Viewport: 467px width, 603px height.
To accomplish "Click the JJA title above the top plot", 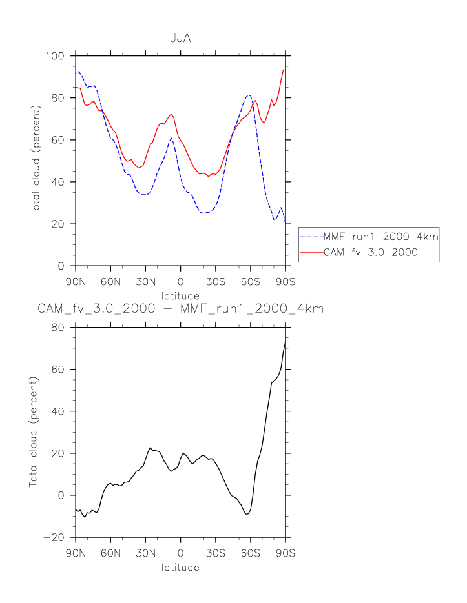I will click(180, 38).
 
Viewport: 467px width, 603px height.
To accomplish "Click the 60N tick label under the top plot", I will click(110, 281).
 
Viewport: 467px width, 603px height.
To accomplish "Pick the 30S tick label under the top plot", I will click(215, 281).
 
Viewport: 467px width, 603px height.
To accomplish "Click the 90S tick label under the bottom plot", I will click(285, 553).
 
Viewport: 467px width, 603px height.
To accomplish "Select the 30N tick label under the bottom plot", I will click(145, 553).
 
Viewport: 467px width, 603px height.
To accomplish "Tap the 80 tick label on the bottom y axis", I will click(58, 328).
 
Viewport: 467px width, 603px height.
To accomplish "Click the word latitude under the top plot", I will click(180, 295).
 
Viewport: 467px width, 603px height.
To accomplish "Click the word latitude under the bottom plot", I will click(180, 568).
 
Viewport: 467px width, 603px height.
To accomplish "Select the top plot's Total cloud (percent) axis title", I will click(37, 161).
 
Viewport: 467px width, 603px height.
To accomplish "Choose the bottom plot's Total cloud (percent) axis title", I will click(34, 432).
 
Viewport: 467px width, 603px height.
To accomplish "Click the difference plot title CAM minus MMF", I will click(180, 310).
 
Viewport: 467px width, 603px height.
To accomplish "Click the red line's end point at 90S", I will click(285, 70).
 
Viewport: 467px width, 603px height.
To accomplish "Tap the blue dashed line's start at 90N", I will click(76, 71).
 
